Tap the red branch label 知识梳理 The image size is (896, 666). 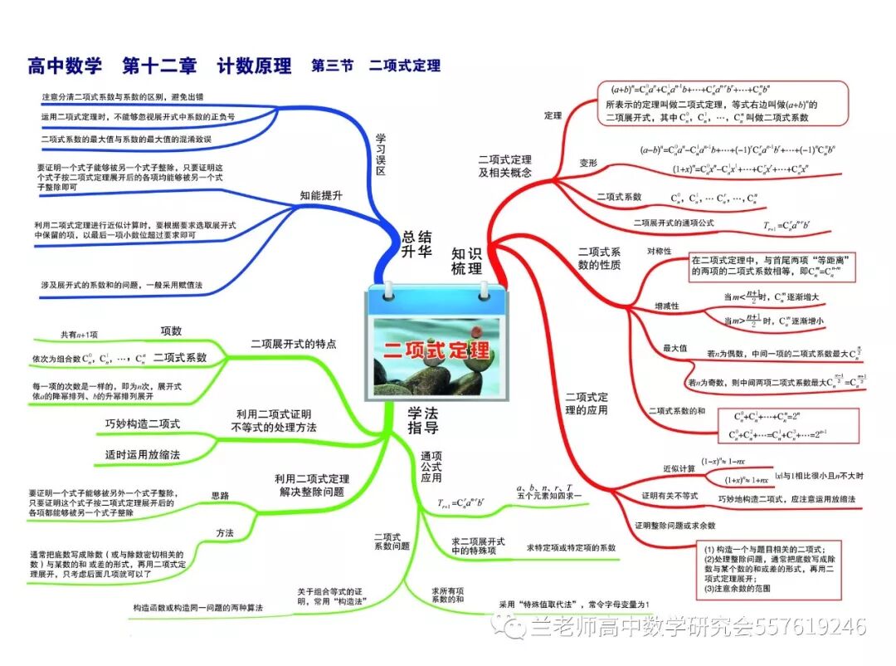coord(467,261)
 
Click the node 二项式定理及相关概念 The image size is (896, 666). coord(505,165)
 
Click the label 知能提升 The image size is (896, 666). coord(321,195)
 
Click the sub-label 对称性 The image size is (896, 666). coord(660,250)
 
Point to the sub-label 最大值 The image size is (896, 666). coord(674,347)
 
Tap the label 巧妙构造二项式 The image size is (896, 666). coord(143,424)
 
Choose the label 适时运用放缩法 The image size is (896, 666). coord(143,454)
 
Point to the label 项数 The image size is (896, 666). coord(171,331)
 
